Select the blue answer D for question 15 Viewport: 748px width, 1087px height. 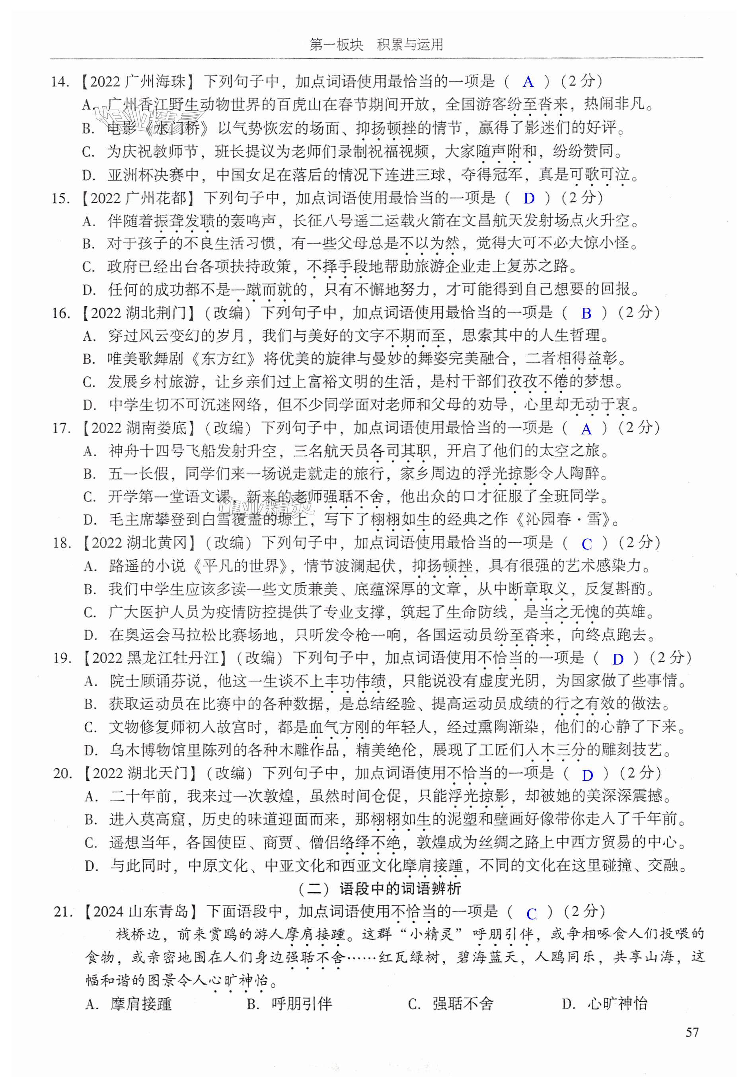[529, 198]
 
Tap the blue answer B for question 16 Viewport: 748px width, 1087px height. [586, 313]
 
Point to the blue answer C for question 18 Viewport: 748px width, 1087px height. [586, 544]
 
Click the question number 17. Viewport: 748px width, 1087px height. [61, 428]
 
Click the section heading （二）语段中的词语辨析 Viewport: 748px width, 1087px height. [380, 889]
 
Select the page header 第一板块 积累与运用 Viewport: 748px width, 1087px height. [376, 45]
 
